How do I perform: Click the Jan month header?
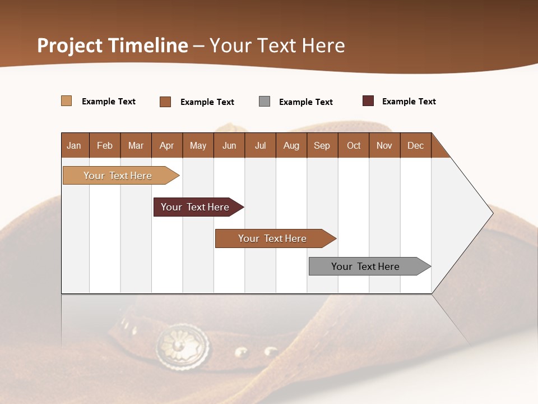point(75,145)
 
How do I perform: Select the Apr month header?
point(167,145)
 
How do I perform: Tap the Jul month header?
point(260,145)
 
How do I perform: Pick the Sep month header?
point(322,145)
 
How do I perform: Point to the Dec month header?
point(415,145)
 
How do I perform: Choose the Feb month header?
point(105,145)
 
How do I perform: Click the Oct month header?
point(354,145)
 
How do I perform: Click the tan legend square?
point(67,101)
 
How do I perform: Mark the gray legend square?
point(265,102)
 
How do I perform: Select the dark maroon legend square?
point(368,101)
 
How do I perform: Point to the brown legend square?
point(165,102)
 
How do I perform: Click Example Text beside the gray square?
point(305,102)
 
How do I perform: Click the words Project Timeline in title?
point(113,45)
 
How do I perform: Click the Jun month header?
point(229,145)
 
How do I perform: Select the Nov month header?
point(384,145)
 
